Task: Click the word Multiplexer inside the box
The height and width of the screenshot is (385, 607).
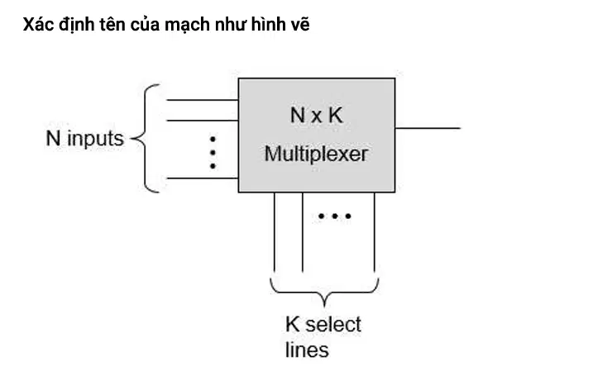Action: (x=316, y=154)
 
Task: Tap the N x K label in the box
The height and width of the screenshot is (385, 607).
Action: (x=317, y=115)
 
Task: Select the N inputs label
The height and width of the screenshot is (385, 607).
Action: (x=85, y=139)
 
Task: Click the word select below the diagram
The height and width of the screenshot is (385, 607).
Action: (x=333, y=324)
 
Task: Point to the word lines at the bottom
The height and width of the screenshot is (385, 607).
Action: (x=307, y=349)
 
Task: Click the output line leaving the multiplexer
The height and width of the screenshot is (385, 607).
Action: (x=428, y=128)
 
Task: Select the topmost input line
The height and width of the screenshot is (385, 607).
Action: (x=203, y=100)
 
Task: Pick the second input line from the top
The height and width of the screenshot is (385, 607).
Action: (x=203, y=121)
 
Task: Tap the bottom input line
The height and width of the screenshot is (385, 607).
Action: (x=203, y=178)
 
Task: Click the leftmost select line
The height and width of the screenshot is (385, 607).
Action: (x=275, y=232)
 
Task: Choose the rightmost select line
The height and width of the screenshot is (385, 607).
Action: (x=375, y=232)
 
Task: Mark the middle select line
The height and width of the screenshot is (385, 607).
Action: (x=303, y=232)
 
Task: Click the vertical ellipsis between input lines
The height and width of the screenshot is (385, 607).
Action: (x=213, y=153)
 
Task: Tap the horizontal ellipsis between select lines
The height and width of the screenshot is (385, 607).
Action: (x=335, y=216)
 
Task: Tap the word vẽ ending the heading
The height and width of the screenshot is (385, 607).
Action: (x=300, y=25)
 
